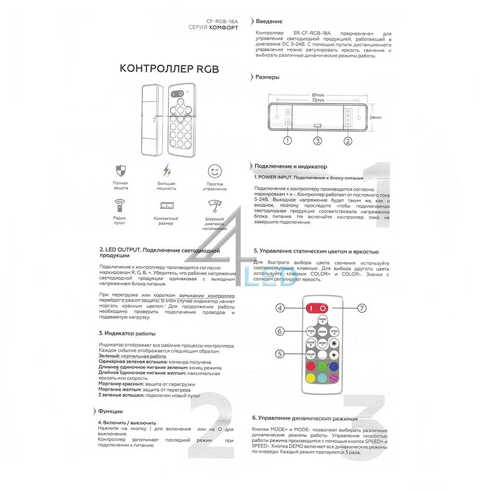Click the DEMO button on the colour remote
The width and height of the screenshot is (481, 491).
point(322,332)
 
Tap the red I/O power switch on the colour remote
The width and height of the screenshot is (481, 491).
point(317,308)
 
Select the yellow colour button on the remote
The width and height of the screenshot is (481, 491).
point(310,378)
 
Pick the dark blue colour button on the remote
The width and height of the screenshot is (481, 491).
point(334,367)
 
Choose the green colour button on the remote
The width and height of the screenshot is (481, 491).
point(322,367)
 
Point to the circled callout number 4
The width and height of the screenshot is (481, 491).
point(280,308)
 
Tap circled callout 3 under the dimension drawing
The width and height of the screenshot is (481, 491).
point(317,141)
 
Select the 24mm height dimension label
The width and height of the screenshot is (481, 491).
point(376,117)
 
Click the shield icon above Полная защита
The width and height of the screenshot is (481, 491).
point(120,170)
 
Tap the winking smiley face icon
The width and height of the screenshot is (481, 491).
point(215,171)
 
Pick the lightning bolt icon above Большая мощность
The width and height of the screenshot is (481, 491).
point(166,170)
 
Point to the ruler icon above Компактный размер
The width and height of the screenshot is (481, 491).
point(166,205)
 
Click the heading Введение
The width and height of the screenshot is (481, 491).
point(269,22)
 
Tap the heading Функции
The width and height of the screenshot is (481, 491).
point(110,412)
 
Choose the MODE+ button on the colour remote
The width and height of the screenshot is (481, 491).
point(322,320)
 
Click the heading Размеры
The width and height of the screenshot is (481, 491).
point(267,77)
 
